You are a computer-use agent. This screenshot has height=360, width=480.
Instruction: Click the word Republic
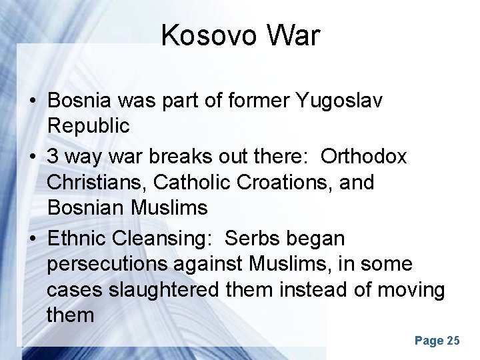87,126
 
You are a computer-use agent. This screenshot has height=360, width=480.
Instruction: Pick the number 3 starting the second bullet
53,156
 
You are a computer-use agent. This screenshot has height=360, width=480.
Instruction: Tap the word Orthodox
363,156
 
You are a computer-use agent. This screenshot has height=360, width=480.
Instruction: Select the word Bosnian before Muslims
86,207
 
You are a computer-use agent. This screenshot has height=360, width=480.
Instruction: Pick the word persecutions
107,264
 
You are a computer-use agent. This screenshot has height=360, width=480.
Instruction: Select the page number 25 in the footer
453,341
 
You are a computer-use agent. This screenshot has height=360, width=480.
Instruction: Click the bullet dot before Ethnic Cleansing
32,239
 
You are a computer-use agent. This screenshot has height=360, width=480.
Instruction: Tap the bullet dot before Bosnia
32,101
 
